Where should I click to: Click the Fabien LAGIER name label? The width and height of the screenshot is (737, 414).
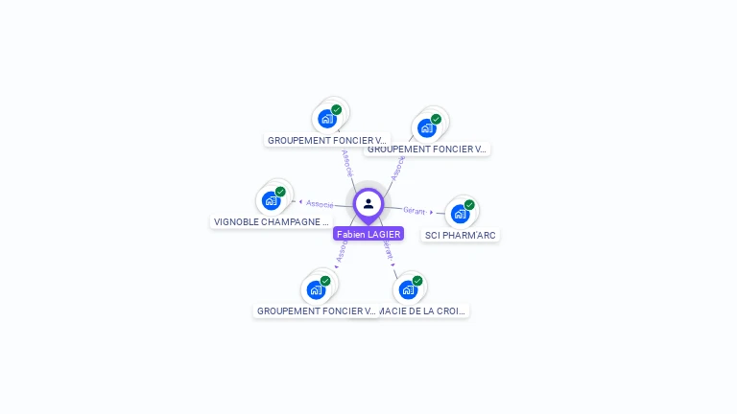tap(368, 234)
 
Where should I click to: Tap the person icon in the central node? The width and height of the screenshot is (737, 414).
tap(368, 203)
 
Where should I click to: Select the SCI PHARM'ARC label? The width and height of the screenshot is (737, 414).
tap(462, 235)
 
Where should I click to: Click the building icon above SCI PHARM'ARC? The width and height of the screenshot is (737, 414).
tap(460, 214)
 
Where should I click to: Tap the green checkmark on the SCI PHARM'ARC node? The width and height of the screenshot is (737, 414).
tap(469, 205)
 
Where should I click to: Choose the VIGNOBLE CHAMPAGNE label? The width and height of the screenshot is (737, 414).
tap(272, 221)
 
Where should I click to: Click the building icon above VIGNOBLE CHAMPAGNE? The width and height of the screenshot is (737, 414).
tap(271, 200)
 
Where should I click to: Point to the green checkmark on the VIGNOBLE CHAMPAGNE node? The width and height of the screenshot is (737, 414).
tap(280, 192)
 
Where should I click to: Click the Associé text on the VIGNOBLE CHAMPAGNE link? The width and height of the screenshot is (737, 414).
tap(320, 204)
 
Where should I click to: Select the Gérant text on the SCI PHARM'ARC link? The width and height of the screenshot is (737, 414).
tap(414, 210)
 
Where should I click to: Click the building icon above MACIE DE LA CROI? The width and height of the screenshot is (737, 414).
tap(408, 289)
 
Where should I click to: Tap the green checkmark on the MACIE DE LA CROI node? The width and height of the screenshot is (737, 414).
tap(417, 281)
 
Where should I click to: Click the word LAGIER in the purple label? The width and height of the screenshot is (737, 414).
tap(384, 234)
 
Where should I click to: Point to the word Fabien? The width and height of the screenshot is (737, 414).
tap(351, 234)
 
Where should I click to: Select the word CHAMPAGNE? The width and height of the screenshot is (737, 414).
tap(296, 221)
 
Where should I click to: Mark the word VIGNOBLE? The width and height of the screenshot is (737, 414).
tap(234, 221)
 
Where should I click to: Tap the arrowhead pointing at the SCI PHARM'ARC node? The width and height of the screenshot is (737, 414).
tap(432, 212)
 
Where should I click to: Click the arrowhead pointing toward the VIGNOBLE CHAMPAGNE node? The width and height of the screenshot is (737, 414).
tap(300, 202)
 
